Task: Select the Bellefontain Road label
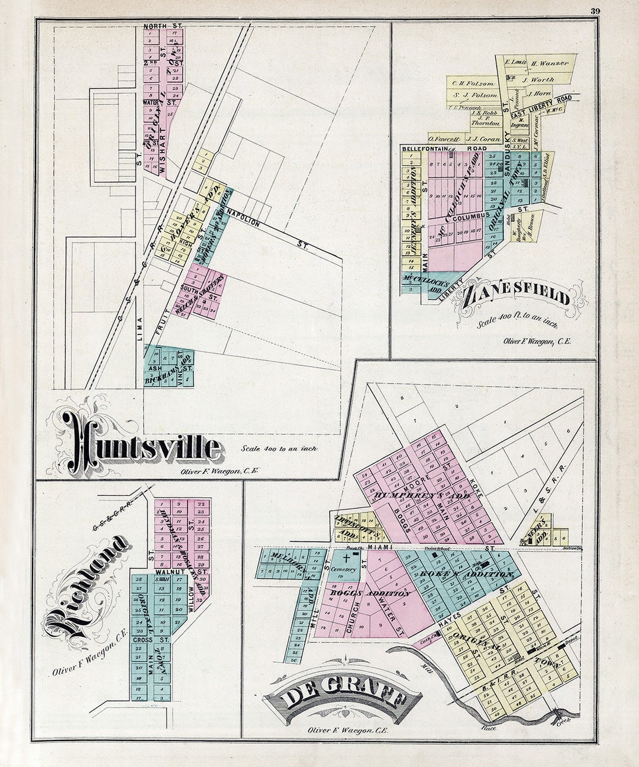tap(438, 149)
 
